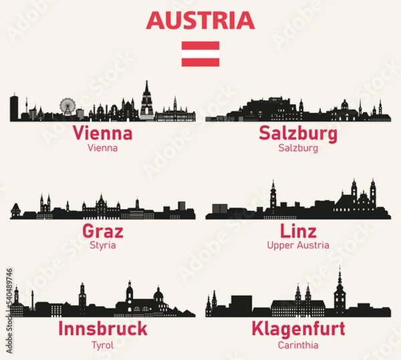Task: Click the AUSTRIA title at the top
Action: tap(200, 21)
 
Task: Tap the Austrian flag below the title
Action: tap(200, 54)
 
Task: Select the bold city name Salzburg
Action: tap(298, 134)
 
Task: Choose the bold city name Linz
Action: tap(298, 232)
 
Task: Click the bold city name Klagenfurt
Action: tap(298, 329)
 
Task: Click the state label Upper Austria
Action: tap(298, 246)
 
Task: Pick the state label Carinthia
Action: tap(298, 345)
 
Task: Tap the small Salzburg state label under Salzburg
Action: tap(298, 148)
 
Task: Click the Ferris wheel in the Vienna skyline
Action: tap(68, 107)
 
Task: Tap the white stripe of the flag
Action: tap(200, 54)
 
